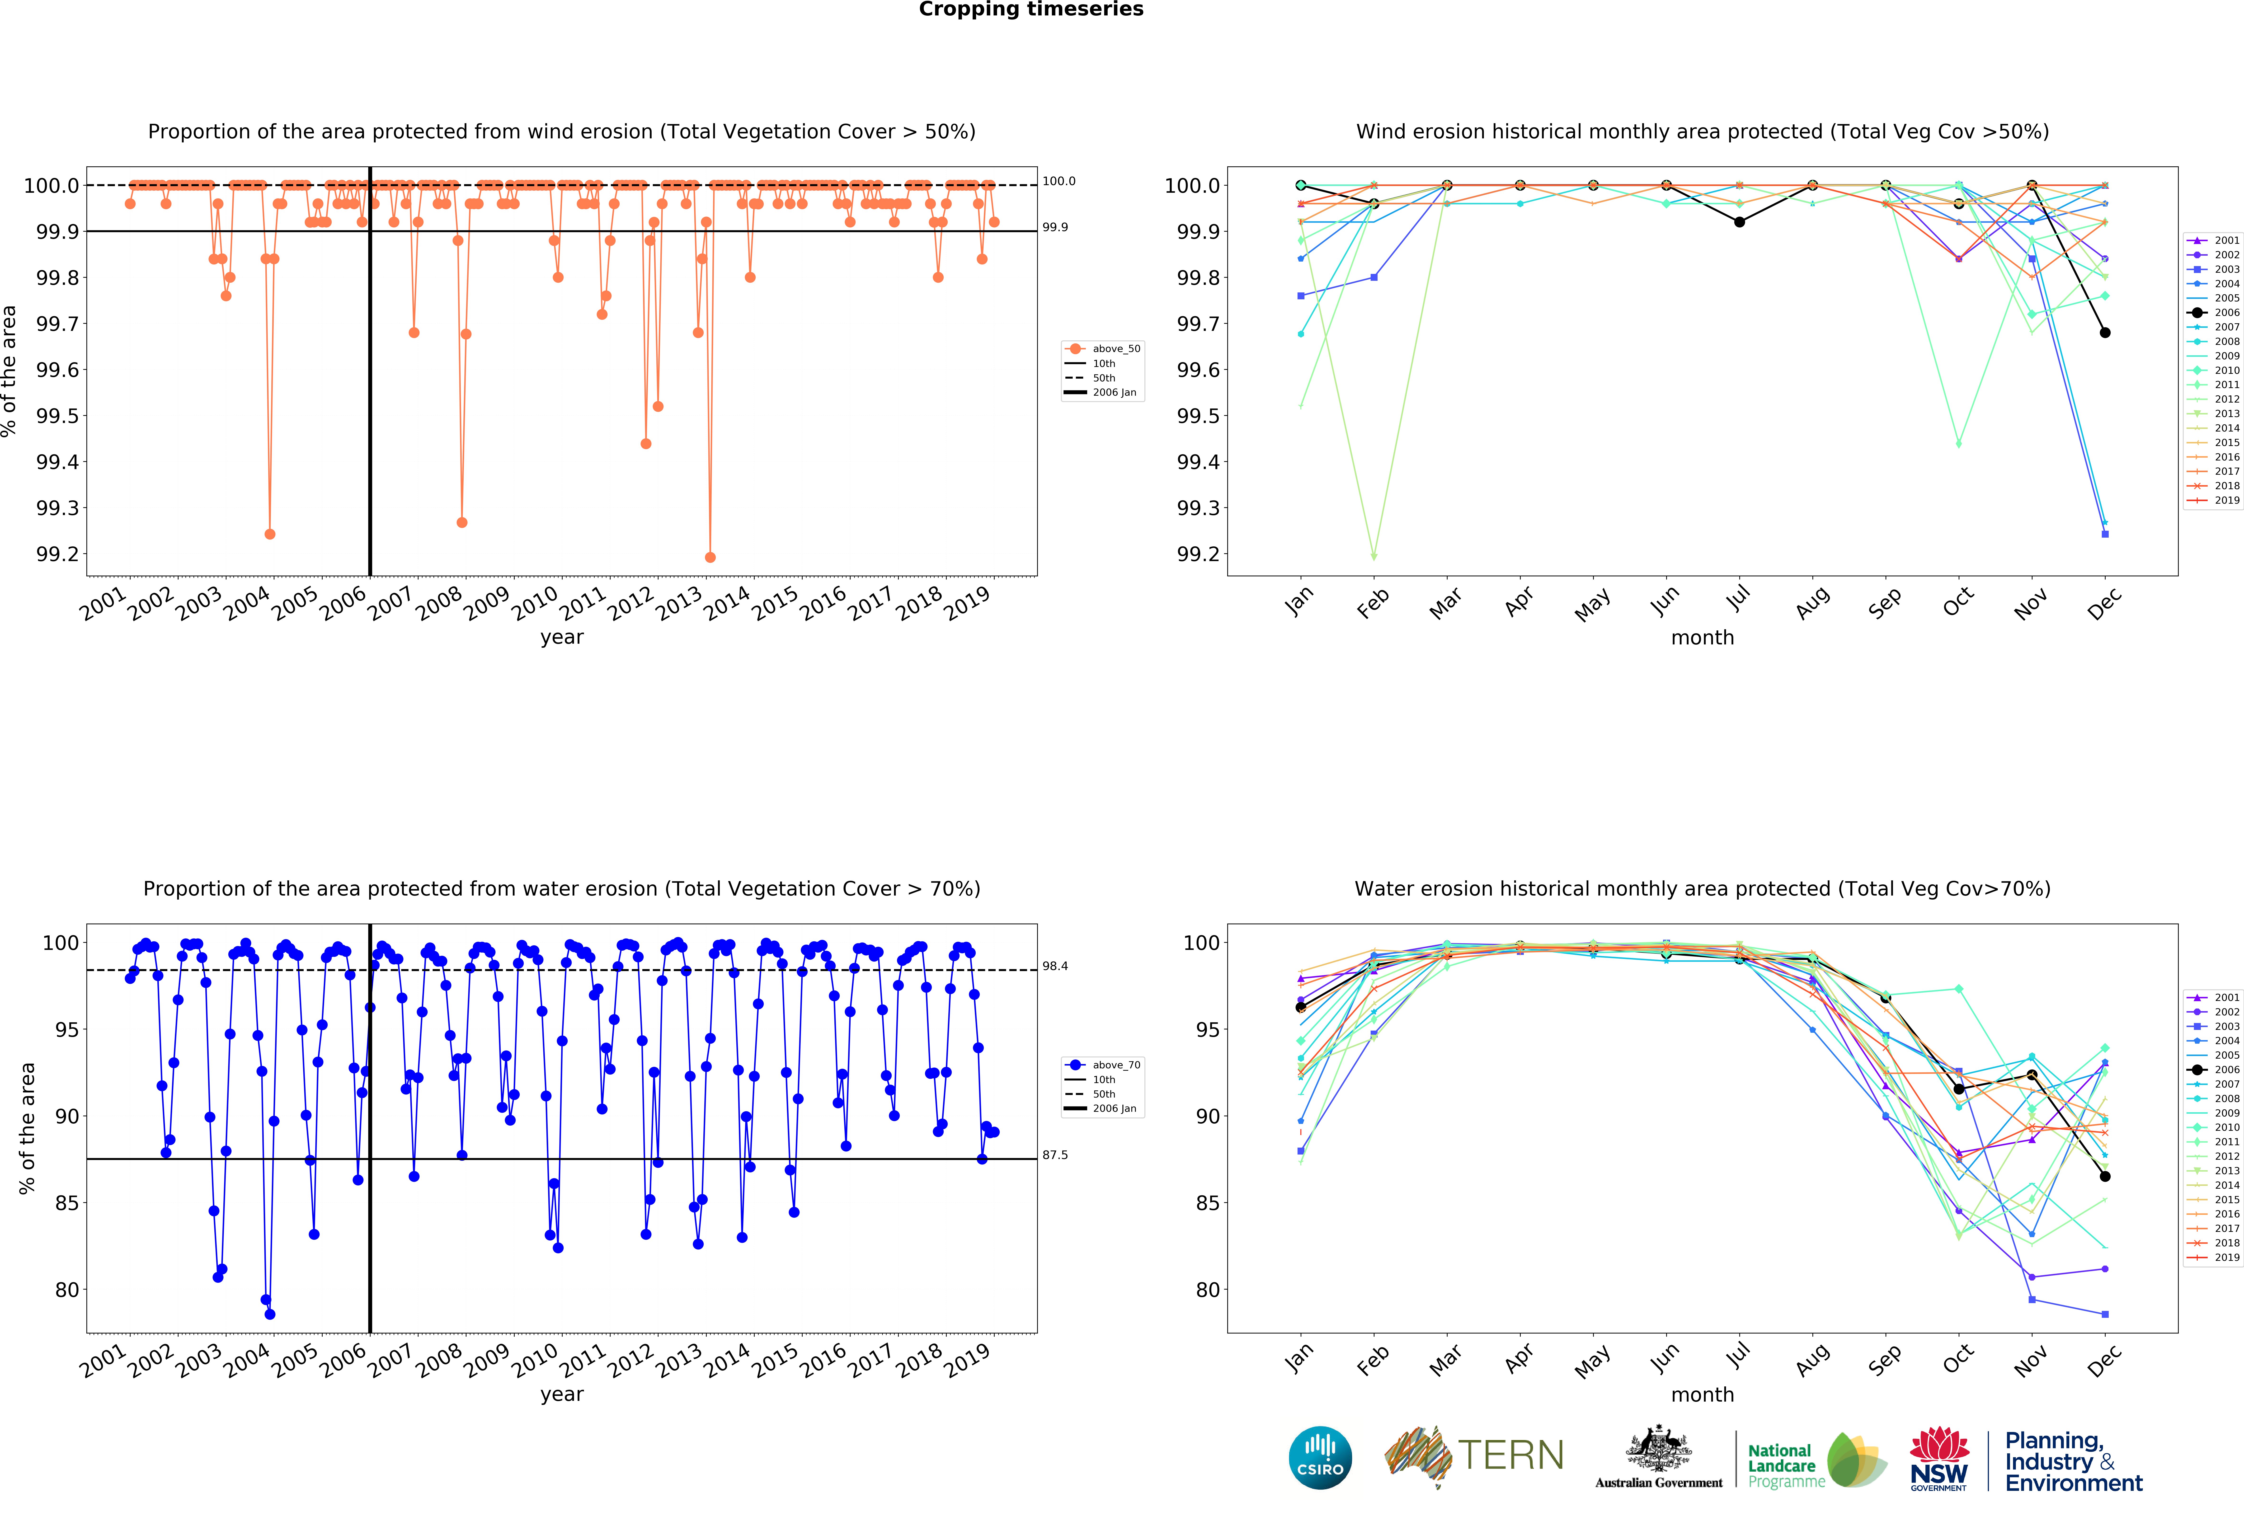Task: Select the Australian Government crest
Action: pos(1658,1448)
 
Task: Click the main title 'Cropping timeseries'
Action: pos(1030,10)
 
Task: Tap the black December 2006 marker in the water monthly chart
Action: pos(2105,1176)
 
